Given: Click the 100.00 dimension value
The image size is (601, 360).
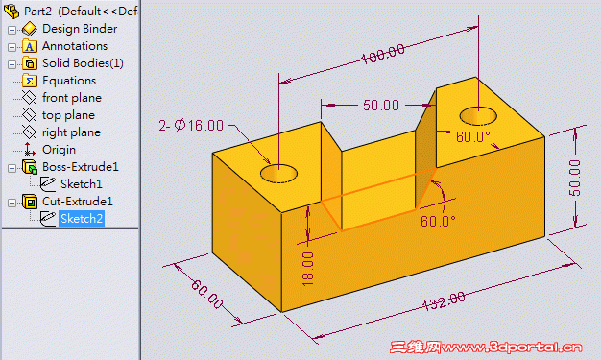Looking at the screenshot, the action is [x=383, y=54].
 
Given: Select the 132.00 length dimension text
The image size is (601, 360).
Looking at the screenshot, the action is [x=444, y=300].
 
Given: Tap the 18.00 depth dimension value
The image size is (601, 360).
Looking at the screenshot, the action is [x=308, y=269].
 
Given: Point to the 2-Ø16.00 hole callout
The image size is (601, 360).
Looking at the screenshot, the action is [x=191, y=126].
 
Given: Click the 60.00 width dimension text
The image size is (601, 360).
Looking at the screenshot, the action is [x=207, y=294].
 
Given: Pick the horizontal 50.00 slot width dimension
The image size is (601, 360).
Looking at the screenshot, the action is [x=381, y=106].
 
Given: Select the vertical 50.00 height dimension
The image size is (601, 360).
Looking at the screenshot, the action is [x=574, y=178].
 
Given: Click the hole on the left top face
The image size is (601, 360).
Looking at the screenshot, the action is [x=278, y=174].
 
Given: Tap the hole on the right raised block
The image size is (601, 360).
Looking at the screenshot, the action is [x=478, y=116].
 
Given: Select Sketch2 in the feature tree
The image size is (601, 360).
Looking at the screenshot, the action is [x=82, y=219].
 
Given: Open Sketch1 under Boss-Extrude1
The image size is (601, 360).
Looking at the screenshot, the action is [x=82, y=184].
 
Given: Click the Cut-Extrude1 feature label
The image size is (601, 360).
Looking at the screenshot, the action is [x=78, y=202].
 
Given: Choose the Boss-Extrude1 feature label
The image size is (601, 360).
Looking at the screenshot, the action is [x=81, y=167].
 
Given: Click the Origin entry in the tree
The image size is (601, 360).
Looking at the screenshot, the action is [x=59, y=150].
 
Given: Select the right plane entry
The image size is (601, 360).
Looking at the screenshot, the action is [x=72, y=132].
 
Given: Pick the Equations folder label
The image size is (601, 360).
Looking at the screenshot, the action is [x=69, y=81].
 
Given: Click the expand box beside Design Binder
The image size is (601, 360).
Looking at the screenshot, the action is [x=12, y=30].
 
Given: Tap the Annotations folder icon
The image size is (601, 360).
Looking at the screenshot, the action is [x=30, y=46].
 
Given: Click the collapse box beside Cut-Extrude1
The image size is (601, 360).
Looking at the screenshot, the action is [x=12, y=203].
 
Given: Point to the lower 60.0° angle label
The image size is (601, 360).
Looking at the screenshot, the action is [x=438, y=221].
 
